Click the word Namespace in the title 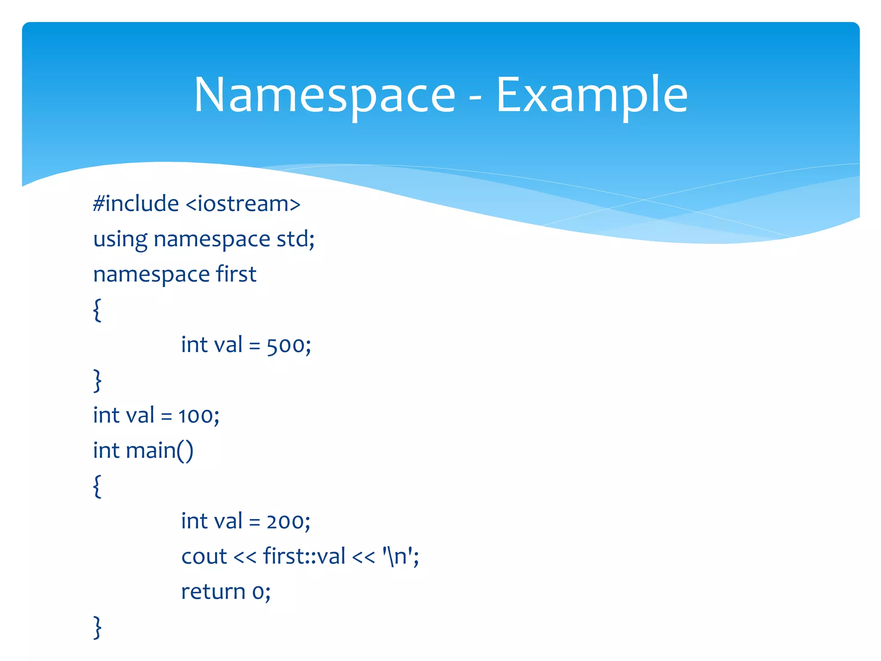pyautogui.click(x=324, y=96)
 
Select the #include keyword pyautogui.click(x=136, y=204)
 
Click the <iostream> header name pyautogui.click(x=243, y=204)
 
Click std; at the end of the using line pyautogui.click(x=296, y=239)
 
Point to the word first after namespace pyautogui.click(x=236, y=274)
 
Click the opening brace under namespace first pyautogui.click(x=98, y=310)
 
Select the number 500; pyautogui.click(x=289, y=345)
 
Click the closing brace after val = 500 pyautogui.click(x=98, y=380)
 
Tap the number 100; pyautogui.click(x=199, y=416)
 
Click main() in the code pyautogui.click(x=160, y=451)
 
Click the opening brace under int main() pyautogui.click(x=98, y=486)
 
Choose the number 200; pyautogui.click(x=288, y=522)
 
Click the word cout pyautogui.click(x=203, y=557)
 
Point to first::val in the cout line pyautogui.click(x=304, y=556)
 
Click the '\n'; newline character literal pyautogui.click(x=400, y=556)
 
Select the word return pyautogui.click(x=213, y=592)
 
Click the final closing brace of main pyautogui.click(x=98, y=627)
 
